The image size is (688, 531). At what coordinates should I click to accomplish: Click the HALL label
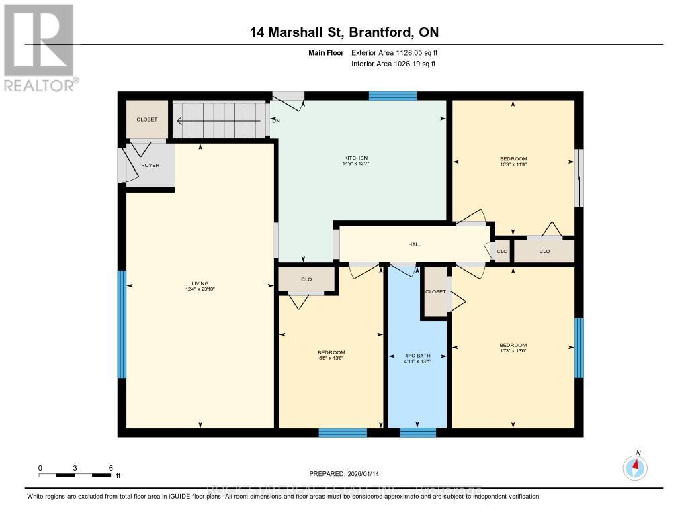point(415,244)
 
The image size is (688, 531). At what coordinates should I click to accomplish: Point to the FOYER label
point(150,165)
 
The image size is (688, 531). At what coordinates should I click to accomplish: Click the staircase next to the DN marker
point(218,120)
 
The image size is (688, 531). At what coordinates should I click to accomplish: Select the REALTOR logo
point(39,48)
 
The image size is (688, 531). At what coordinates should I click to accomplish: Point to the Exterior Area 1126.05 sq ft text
point(395,52)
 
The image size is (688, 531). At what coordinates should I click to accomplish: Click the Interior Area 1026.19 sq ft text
point(393,64)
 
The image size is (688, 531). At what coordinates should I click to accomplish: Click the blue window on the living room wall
point(122,324)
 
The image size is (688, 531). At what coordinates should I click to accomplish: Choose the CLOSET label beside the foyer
point(147,119)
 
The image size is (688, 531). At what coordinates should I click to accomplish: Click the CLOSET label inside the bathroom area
point(435,292)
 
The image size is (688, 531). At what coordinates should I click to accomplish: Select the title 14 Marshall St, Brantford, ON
point(343,32)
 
